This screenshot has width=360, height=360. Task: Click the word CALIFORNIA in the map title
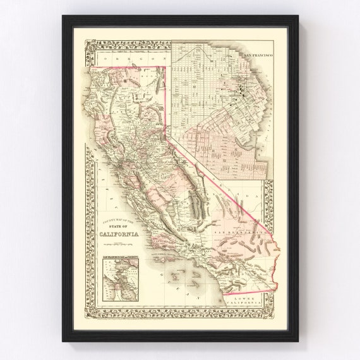pos(124,236)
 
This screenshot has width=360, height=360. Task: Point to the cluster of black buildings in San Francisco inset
pos(243,95)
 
